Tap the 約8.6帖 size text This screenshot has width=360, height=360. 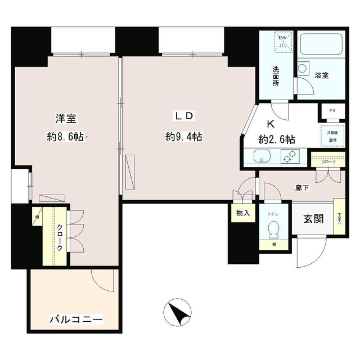tap(65, 137)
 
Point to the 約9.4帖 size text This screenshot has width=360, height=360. tap(184, 137)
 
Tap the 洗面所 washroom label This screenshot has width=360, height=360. tap(276, 76)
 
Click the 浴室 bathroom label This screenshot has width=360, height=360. tap(322, 74)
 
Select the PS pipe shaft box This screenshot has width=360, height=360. tap(332, 111)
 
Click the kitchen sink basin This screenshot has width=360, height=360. tap(262, 156)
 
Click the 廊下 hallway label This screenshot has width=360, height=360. tap(303, 188)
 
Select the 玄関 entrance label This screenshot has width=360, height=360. tap(313, 219)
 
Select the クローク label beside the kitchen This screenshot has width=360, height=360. tap(326, 163)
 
